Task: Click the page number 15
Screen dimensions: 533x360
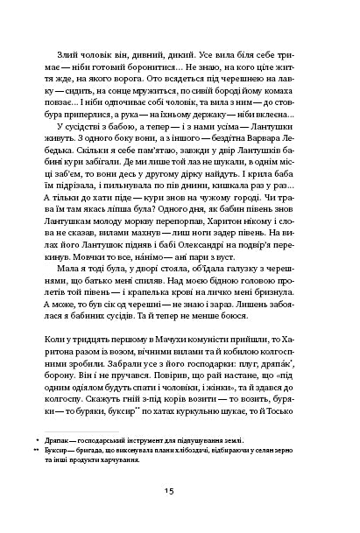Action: pyautogui.click(x=180, y=491)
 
